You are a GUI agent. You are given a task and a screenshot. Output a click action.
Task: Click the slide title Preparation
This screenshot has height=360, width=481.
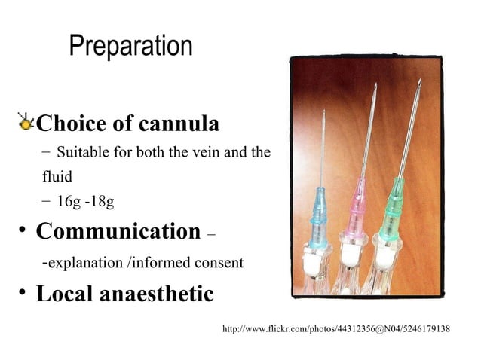click(x=130, y=47)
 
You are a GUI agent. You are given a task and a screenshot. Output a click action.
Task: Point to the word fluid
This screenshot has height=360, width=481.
click(x=57, y=178)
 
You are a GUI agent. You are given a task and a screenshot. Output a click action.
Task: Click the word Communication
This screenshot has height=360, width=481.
click(x=118, y=231)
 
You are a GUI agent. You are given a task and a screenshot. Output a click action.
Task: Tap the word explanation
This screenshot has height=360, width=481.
click(x=81, y=263)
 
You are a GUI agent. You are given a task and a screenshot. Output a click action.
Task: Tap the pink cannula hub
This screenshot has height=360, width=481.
click(x=356, y=208)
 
